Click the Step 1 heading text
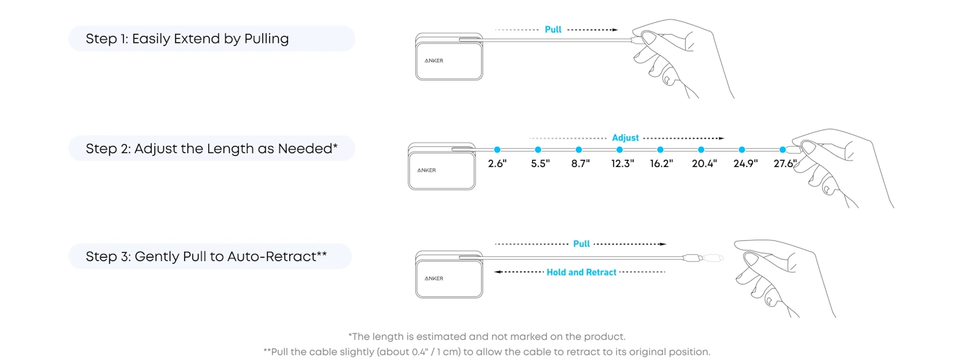(187, 39)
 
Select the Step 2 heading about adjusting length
(212, 148)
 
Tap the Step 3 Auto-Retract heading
(206, 256)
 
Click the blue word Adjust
(625, 138)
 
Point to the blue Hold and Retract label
(581, 272)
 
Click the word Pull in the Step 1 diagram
(553, 29)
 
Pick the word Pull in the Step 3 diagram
(581, 244)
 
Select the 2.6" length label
(497, 163)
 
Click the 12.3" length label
(622, 163)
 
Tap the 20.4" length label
(705, 163)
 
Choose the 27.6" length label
(785, 163)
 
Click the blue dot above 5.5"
(538, 150)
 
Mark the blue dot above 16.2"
(660, 150)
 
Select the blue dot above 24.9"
(742, 150)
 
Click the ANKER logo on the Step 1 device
(434, 61)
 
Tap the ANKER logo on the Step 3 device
(434, 278)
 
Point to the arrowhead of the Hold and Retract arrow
(497, 271)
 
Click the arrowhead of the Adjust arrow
(721, 138)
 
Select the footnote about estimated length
(487, 336)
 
